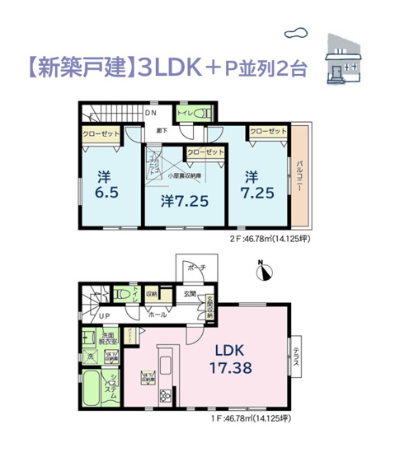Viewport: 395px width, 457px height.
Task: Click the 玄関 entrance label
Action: click(x=189, y=294)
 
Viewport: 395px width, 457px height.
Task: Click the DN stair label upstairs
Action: click(x=151, y=112)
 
